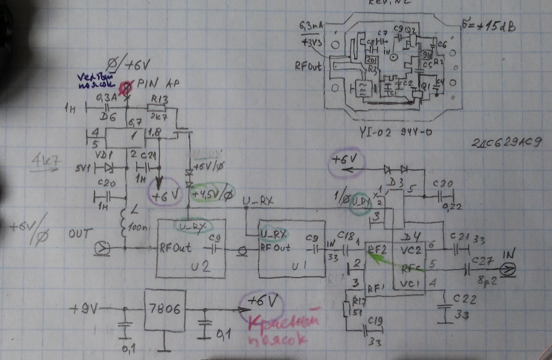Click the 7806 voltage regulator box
coord(165,310)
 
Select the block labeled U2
coord(191,248)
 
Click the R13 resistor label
coord(159,100)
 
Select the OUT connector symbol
coord(103,249)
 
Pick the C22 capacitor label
coord(465,299)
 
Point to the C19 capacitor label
coord(375,321)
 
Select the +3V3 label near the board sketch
coord(312,43)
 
